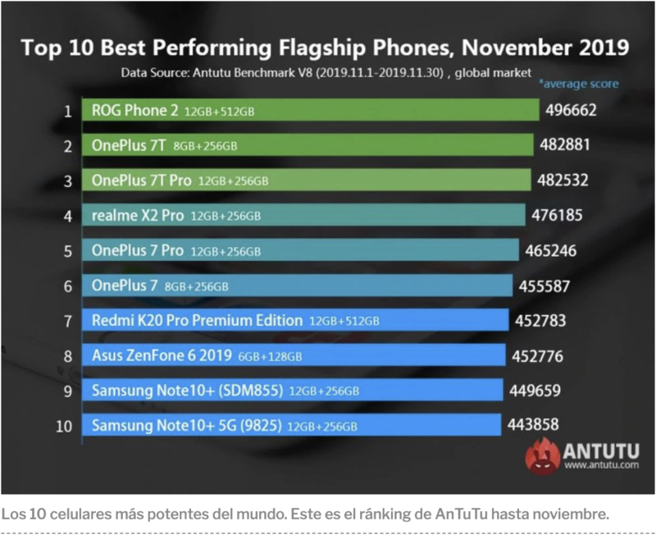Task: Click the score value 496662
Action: tap(567, 110)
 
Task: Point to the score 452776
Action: tap(538, 355)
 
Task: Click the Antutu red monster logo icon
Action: tap(543, 455)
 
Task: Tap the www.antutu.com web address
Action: tap(602, 466)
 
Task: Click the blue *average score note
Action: tap(578, 83)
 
